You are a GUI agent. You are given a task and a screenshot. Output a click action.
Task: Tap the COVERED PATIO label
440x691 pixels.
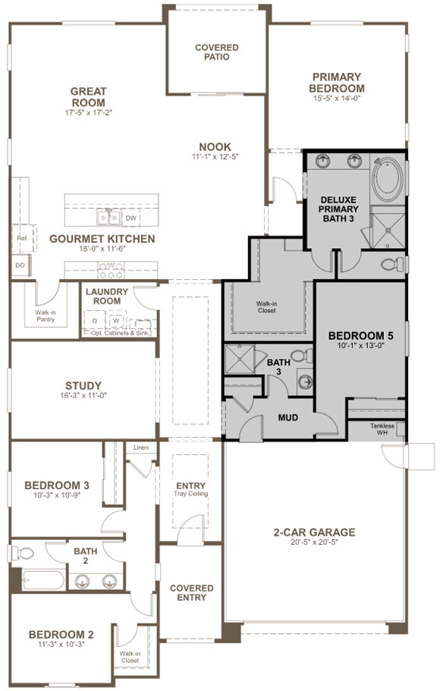point(216,52)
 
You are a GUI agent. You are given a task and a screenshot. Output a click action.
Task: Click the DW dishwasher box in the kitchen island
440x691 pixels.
point(130,218)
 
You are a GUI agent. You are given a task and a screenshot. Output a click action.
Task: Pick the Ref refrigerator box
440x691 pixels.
point(21,237)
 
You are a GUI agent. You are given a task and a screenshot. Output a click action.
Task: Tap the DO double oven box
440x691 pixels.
point(20,265)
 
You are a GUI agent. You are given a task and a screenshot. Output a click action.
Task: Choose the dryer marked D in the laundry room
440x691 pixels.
point(95,321)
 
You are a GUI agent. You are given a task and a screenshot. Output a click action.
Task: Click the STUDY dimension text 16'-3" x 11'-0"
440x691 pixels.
point(83,397)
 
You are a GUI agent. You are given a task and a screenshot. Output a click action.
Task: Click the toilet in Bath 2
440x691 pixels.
point(23,551)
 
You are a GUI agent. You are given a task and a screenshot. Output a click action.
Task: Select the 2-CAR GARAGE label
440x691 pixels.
point(316,532)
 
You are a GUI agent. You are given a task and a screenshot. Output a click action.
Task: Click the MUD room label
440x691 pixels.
point(287,417)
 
